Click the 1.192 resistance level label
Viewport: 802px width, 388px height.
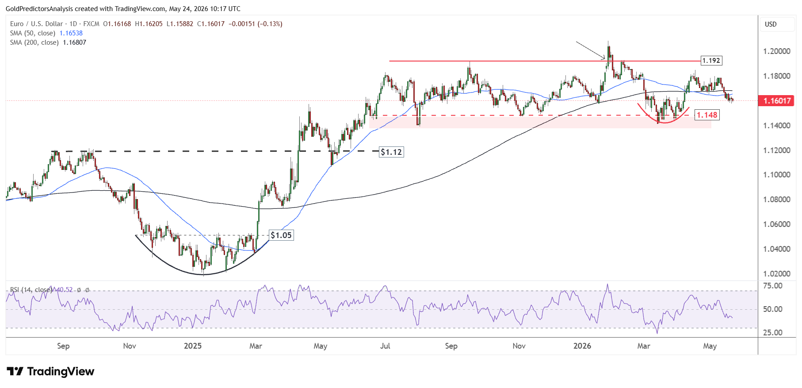tap(711, 61)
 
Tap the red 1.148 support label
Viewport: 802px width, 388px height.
tap(707, 115)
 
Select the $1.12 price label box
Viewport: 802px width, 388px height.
tap(391, 152)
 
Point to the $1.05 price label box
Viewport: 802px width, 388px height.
tap(281, 235)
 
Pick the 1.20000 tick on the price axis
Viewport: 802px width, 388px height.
tap(777, 51)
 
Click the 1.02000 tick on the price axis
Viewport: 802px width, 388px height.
tap(777, 274)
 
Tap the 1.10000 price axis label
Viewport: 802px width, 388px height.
tap(777, 175)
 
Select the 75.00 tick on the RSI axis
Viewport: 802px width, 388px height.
tap(773, 286)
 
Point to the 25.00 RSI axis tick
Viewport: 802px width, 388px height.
tap(773, 333)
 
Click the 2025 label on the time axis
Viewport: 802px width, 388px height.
tap(193, 346)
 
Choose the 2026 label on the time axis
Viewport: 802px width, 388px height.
tap(582, 346)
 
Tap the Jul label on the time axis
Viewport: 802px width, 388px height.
tap(385, 346)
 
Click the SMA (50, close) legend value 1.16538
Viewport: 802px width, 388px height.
tap(71, 33)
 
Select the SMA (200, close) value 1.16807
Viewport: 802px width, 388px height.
tap(75, 42)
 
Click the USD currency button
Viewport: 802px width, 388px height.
tap(771, 24)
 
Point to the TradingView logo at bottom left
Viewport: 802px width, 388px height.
tap(50, 371)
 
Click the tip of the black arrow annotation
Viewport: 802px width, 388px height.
tap(605, 59)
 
